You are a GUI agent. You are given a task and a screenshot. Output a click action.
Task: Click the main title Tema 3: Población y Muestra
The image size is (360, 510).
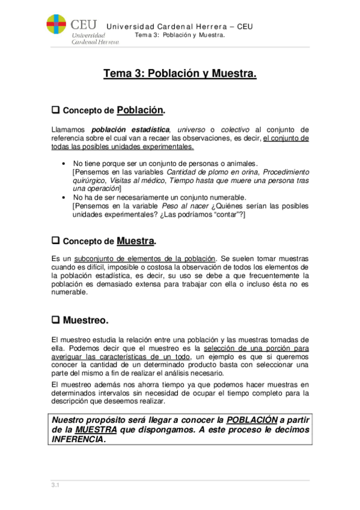[180, 74]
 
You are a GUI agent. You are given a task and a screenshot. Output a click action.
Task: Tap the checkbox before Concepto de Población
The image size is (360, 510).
[55, 111]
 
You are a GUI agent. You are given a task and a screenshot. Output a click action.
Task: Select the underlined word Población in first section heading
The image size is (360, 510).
[140, 110]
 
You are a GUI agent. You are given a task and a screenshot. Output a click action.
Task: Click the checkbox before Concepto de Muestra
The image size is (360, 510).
[55, 241]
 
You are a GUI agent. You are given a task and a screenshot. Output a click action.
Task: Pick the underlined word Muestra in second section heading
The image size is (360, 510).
[136, 241]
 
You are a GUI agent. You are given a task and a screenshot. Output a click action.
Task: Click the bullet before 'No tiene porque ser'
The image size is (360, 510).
[64, 164]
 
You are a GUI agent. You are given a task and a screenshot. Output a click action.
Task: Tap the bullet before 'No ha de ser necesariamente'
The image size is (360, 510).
[64, 197]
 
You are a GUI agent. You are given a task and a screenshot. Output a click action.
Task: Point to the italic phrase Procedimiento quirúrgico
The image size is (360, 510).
[282, 172]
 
